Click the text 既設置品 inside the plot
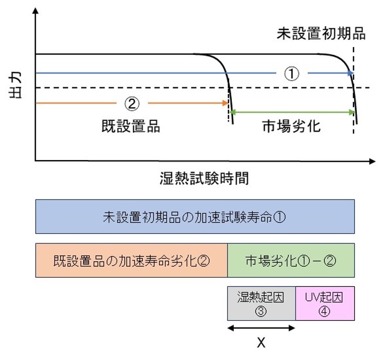[x=130, y=126]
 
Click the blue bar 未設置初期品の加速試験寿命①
[x=195, y=217]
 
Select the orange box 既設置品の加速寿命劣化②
[x=131, y=260]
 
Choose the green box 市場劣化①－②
[x=291, y=260]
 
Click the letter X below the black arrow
[x=261, y=343]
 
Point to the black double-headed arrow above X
[x=261, y=328]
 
